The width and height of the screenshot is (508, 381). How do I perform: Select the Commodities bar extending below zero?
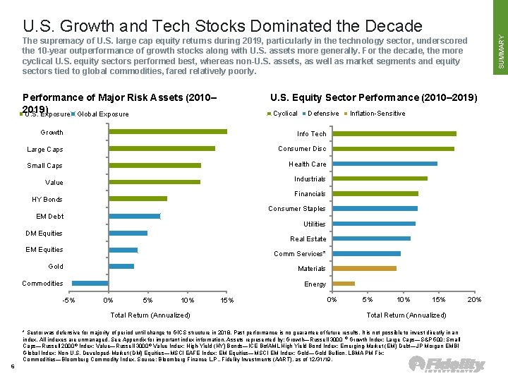click(x=90, y=283)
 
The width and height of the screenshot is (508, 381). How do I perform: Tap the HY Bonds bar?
click(x=137, y=199)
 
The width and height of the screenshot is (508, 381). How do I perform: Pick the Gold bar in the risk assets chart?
click(x=121, y=266)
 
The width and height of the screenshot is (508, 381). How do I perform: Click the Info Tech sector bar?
click(x=394, y=133)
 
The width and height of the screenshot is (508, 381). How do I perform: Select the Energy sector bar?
click(x=343, y=284)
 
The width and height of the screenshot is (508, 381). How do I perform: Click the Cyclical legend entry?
click(x=284, y=114)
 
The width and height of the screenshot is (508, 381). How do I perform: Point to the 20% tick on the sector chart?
click(x=475, y=300)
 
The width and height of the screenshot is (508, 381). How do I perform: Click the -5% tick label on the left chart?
click(x=68, y=301)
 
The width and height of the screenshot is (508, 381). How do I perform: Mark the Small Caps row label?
click(x=44, y=166)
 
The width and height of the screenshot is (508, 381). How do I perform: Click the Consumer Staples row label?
click(x=296, y=209)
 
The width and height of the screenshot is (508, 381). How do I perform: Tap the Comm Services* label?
click(x=299, y=254)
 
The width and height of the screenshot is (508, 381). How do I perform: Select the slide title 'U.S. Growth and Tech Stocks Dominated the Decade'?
click(x=222, y=26)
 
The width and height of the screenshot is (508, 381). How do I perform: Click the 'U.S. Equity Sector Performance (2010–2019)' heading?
click(x=373, y=97)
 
